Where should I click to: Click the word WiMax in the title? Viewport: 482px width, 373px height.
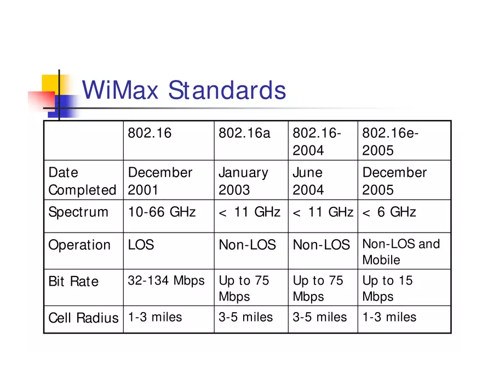click(120, 91)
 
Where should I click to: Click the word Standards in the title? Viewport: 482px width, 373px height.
click(227, 91)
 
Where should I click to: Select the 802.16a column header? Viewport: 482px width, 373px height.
click(244, 133)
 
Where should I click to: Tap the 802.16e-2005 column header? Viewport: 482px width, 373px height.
click(390, 142)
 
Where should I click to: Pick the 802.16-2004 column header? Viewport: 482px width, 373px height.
click(317, 142)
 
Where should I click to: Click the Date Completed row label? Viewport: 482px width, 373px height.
click(82, 181)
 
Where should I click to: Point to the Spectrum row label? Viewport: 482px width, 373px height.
click(78, 212)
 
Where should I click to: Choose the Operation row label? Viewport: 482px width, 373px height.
click(79, 245)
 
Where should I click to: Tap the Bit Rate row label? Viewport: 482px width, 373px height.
click(73, 281)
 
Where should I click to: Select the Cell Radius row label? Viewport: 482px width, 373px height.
click(83, 318)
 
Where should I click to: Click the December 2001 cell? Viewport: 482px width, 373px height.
click(160, 181)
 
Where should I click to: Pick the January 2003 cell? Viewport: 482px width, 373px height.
click(243, 181)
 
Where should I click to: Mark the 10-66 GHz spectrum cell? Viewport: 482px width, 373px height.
click(162, 212)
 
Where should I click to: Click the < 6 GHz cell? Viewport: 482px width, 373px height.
click(389, 212)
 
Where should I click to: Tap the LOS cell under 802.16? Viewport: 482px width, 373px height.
click(141, 245)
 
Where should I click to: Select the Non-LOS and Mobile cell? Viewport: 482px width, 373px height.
click(401, 251)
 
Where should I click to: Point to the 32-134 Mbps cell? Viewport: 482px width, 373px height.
click(166, 281)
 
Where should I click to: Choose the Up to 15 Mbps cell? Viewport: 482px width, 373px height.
click(387, 289)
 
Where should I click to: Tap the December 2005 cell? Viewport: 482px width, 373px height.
click(394, 181)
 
